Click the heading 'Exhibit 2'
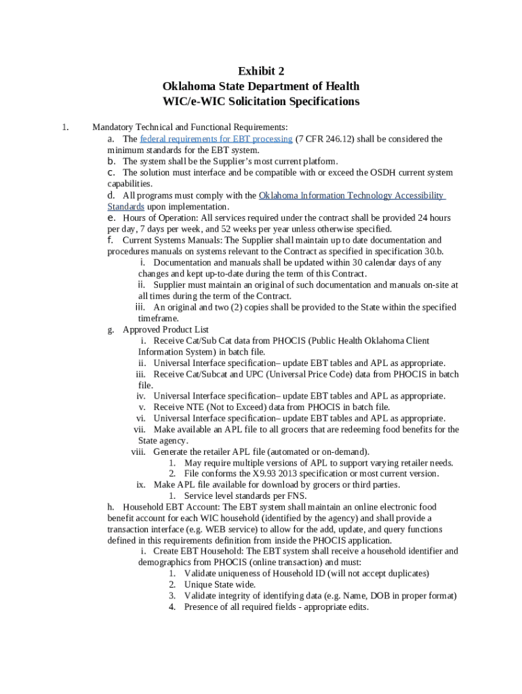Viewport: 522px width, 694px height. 260,71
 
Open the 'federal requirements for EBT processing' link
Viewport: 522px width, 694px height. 216,139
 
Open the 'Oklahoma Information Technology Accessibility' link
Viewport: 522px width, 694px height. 352,195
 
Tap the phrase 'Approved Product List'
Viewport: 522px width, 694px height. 165,330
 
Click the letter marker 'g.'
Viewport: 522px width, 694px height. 111,330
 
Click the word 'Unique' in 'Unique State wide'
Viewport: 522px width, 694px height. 199,584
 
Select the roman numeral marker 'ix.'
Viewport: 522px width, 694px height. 141,485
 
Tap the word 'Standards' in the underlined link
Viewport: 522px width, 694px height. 126,207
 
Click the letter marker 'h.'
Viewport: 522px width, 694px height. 111,507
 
